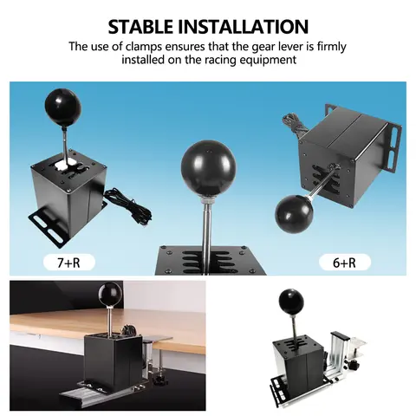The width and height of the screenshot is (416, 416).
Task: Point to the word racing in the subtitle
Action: (250, 60)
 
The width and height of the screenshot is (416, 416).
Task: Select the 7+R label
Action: (68, 260)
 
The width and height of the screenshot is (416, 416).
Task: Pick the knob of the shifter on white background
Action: (290, 302)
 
